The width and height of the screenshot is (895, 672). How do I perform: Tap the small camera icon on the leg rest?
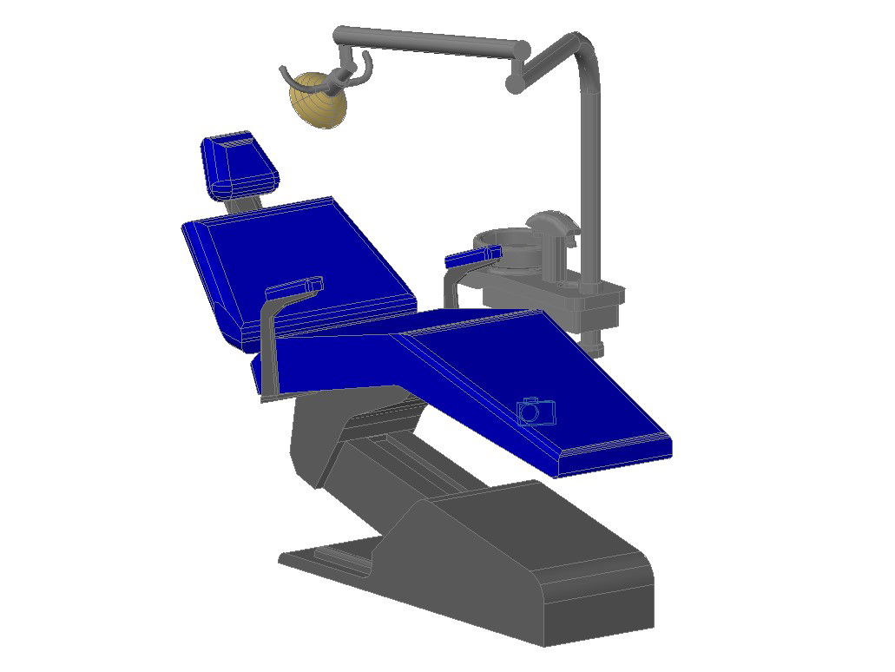pyautogui.click(x=536, y=410)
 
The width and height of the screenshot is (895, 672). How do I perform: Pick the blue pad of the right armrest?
pyautogui.click(x=471, y=256)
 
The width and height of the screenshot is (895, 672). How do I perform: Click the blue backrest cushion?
pyautogui.click(x=295, y=260)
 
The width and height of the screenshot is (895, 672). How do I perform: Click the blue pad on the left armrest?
pyautogui.click(x=295, y=287)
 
